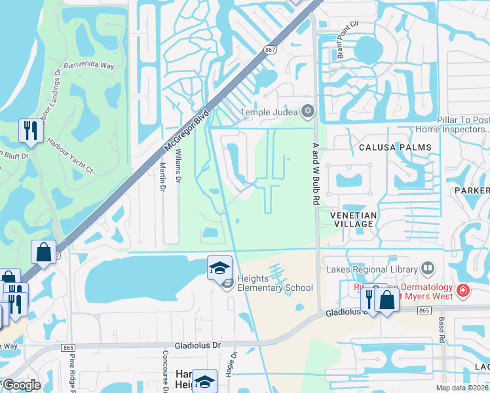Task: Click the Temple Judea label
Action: [269, 112]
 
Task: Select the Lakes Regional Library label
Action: [371, 269]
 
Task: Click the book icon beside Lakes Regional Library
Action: [427, 269]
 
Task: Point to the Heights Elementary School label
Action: [274, 283]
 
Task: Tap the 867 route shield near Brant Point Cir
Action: [269, 50]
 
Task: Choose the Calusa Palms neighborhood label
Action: [395, 147]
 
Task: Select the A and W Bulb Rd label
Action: [316, 176]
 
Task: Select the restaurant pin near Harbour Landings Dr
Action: [31, 131]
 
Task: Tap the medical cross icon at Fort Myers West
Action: [462, 289]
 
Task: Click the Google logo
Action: [21, 385]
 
